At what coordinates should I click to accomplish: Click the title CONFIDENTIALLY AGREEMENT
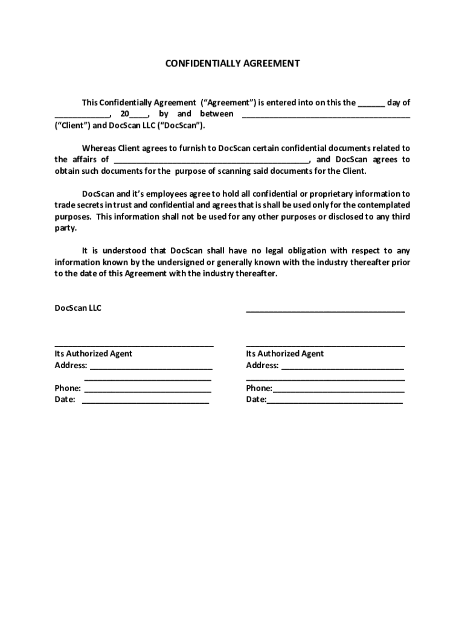232,63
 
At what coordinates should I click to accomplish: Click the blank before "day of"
371,104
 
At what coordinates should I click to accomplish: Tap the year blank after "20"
138,115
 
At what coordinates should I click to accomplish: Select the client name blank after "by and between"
326,115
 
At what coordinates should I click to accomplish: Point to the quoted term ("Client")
72,126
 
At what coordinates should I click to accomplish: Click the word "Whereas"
98,148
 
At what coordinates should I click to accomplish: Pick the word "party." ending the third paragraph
66,229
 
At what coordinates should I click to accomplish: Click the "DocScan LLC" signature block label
78,308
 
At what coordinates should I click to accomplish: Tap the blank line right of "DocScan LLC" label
325,310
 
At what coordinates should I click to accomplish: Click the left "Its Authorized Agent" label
93,354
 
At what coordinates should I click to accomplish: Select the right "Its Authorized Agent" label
284,354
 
